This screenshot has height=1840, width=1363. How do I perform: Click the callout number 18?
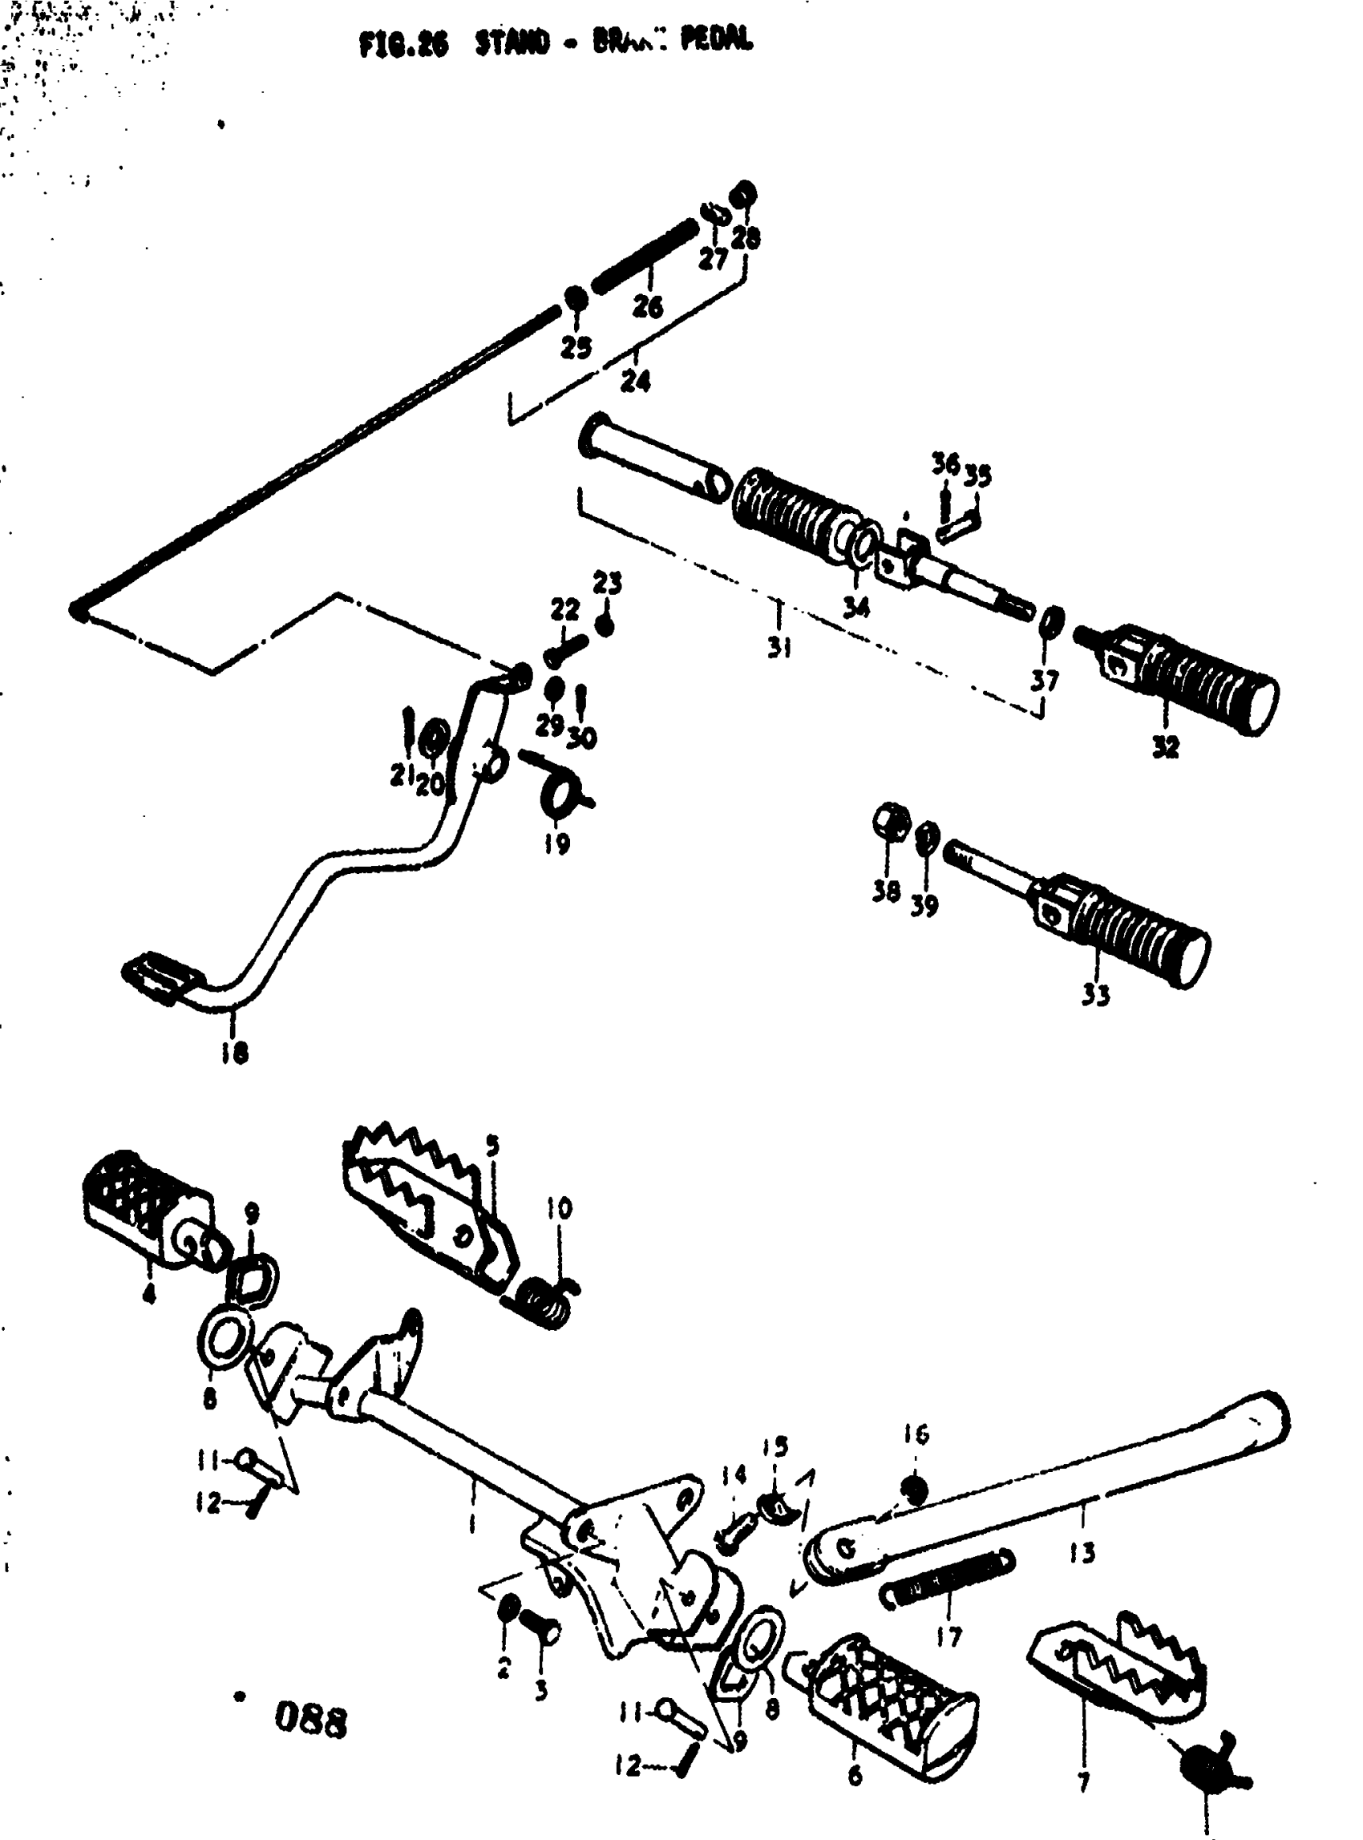[234, 1053]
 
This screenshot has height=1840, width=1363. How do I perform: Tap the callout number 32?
[1165, 746]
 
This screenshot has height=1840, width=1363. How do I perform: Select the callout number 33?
[1096, 995]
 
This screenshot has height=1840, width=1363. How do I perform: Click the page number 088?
[311, 1722]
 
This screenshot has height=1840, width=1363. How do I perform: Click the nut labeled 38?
[890, 821]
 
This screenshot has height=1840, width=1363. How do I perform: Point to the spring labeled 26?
[645, 256]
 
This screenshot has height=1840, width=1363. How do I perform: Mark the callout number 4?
[148, 1294]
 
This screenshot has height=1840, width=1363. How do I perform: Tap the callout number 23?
[607, 584]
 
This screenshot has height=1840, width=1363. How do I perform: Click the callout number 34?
[855, 608]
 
